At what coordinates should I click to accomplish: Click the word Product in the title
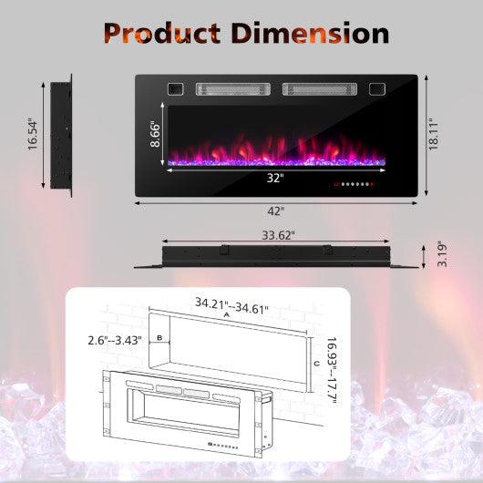pos(160,34)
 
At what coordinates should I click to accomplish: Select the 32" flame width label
pos(275,177)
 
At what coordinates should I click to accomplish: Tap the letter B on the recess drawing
pos(160,337)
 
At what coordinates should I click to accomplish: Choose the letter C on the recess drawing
pos(315,363)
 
